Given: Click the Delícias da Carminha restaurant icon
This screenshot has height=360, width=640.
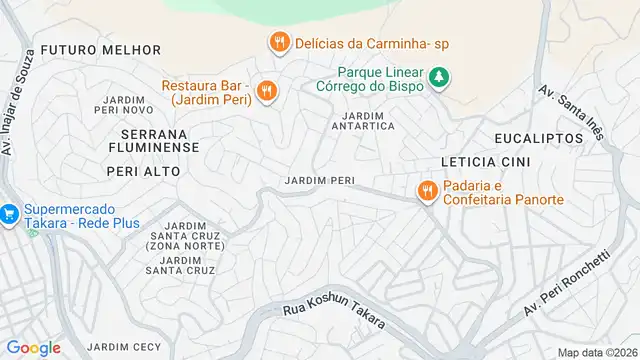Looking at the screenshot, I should tap(278, 42).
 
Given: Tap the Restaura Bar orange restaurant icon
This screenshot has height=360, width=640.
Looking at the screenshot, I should tap(266, 91).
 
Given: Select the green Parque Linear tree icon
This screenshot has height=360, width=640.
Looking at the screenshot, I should tap(438, 77).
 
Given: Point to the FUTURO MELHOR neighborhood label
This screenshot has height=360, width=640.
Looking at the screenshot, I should tap(101, 49).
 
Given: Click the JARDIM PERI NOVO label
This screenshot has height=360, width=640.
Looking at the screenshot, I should tap(123, 103).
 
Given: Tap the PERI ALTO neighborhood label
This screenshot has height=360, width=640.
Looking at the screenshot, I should tap(143, 171).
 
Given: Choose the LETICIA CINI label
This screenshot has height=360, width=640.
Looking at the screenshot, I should tap(485, 161).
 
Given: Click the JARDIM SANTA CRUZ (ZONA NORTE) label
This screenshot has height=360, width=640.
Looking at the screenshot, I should tap(185, 236).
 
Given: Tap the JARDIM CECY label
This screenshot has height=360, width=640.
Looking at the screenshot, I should tap(124, 347).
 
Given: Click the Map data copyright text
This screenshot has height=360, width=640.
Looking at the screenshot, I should tap(597, 352).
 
